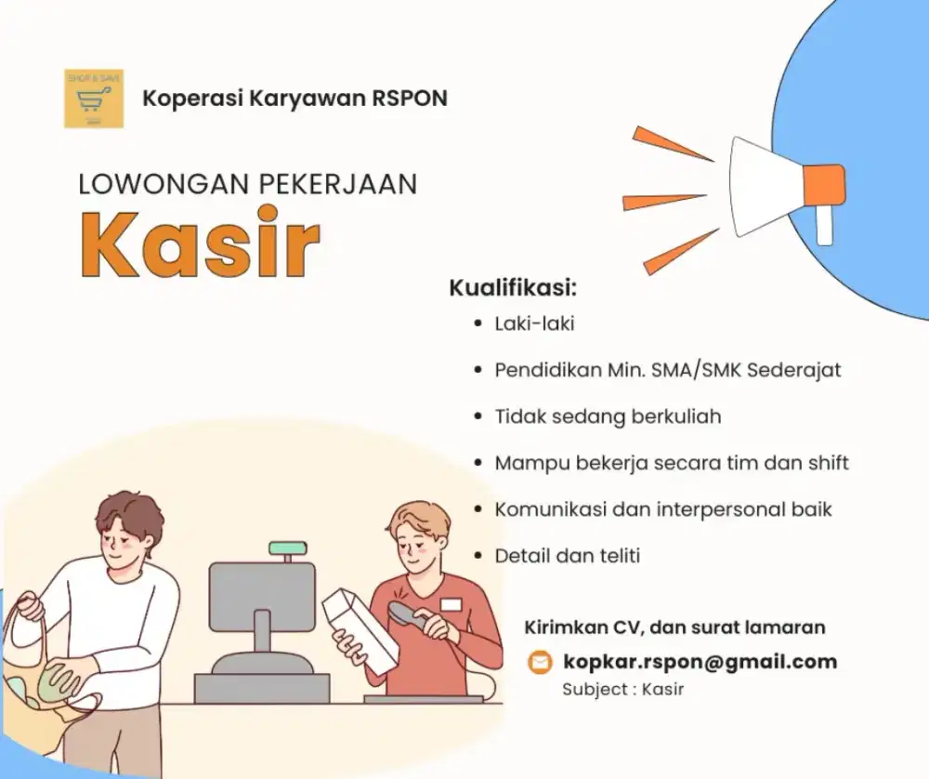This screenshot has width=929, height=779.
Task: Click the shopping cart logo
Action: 94,99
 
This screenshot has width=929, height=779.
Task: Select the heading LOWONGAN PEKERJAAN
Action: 247,183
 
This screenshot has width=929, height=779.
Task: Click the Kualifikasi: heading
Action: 513,287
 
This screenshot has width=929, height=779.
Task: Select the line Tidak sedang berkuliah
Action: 608,416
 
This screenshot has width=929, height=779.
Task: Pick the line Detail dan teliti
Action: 568,556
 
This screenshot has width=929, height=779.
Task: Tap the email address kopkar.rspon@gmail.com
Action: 700,662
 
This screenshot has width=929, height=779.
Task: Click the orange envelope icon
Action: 539,662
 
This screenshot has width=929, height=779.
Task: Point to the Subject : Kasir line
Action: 622,690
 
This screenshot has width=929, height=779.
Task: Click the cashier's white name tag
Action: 451,604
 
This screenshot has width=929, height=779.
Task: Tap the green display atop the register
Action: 288,548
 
